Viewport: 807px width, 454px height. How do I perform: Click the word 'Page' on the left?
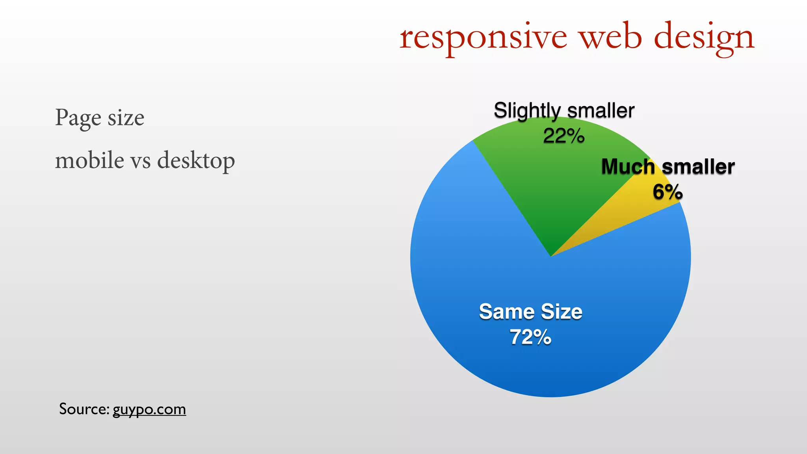(x=78, y=118)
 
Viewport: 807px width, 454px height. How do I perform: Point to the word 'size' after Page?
(x=126, y=118)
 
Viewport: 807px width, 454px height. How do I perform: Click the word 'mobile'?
(x=89, y=160)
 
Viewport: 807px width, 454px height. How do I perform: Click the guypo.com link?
(x=149, y=409)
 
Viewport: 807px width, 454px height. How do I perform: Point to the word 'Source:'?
(x=84, y=409)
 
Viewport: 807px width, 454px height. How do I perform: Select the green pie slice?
(x=552, y=185)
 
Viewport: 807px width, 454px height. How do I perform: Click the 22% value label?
(x=563, y=136)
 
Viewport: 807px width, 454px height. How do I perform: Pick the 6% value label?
(x=668, y=192)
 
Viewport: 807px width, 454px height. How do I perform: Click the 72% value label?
(x=530, y=337)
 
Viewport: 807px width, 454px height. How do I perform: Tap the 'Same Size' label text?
(x=530, y=312)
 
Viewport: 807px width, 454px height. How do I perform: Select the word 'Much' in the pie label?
(x=628, y=167)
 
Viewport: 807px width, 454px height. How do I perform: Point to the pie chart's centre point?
(x=550, y=257)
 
